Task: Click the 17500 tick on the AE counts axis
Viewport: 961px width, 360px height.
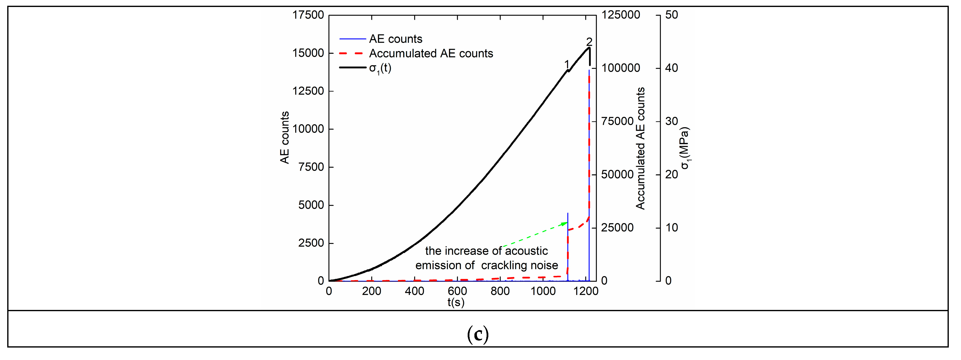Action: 308,15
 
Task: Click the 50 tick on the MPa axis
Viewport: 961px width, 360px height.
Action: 672,15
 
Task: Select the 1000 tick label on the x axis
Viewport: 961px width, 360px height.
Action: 543,291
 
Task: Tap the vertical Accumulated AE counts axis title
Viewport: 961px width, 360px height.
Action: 640,148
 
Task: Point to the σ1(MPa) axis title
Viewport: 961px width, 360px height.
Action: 685,148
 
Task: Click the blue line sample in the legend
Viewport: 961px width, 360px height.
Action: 352,39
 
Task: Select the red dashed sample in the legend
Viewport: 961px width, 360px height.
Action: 352,53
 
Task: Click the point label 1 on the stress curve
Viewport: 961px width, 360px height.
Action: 567,64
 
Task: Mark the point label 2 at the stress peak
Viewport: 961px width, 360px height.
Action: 589,41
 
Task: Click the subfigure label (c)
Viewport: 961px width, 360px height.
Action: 478,334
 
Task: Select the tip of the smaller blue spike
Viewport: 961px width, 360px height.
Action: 568,214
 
